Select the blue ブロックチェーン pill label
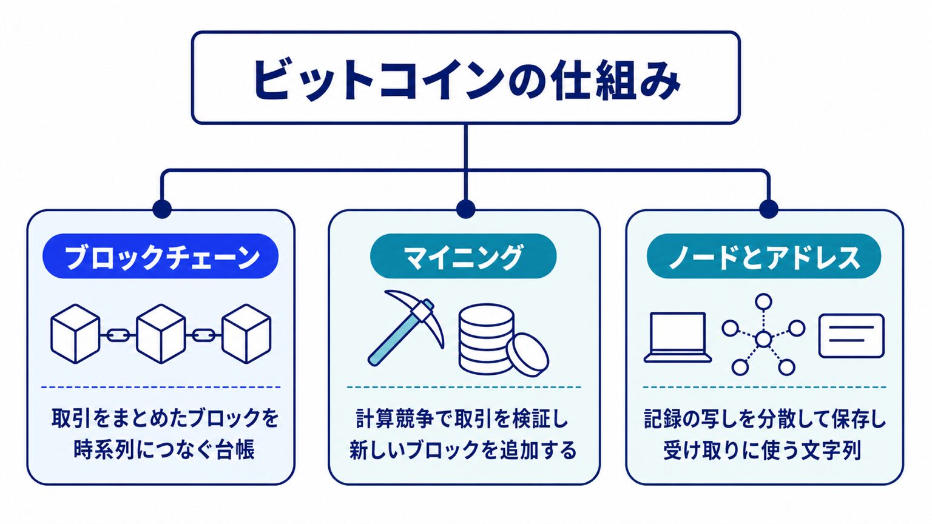pos(161,256)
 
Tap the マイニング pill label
pos(463,256)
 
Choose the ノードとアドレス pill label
pos(764,256)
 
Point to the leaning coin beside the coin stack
pos(527,355)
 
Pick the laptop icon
pos(678,338)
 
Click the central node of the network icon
pos(763,339)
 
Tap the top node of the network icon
pos(763,301)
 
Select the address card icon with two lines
pos(851,336)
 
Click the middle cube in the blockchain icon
pos(161,334)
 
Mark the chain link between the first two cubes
pos(118,334)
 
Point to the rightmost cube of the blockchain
pos(246,334)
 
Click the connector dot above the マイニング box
pos(465,209)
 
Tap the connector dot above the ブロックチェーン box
pos(162,209)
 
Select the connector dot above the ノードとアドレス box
pos(769,209)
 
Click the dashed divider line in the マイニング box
pos(464,387)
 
